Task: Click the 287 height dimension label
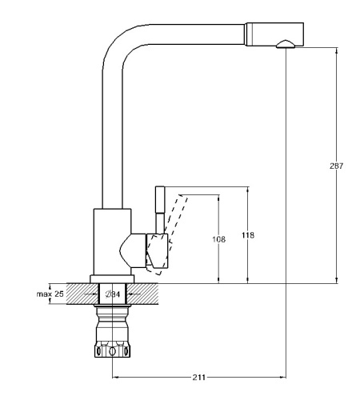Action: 336,166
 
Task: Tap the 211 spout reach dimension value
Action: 199,378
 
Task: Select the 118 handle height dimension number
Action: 248,235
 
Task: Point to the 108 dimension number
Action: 218,239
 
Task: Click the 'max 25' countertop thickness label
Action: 50,294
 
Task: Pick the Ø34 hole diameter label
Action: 113,294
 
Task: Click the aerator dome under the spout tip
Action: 286,44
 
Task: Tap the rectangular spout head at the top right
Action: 274,34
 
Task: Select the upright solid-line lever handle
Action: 160,210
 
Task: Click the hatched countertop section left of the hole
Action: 83,294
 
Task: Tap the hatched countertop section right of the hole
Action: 142,294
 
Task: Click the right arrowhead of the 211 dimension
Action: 282,377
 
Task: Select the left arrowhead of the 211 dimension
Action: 115,377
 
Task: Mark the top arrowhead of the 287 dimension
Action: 336,50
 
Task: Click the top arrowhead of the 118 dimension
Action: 248,190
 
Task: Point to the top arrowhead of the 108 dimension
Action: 218,198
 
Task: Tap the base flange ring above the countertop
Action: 112,279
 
